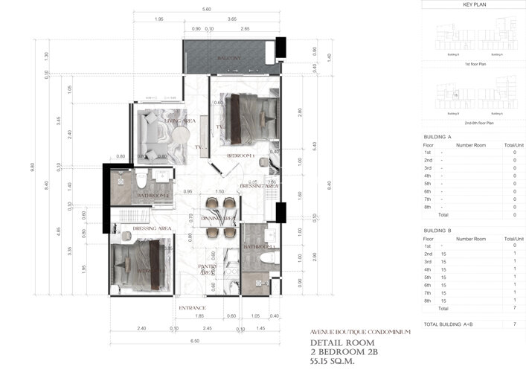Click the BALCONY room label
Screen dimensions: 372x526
point(228,58)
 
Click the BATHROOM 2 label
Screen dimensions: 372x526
point(153,196)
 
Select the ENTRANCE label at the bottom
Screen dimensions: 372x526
point(191,307)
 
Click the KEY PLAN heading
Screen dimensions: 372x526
point(474,5)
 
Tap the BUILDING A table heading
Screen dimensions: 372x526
point(437,137)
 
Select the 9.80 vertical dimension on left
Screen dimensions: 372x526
point(32,167)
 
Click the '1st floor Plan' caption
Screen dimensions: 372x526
point(473,64)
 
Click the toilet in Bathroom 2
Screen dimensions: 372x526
point(141,181)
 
